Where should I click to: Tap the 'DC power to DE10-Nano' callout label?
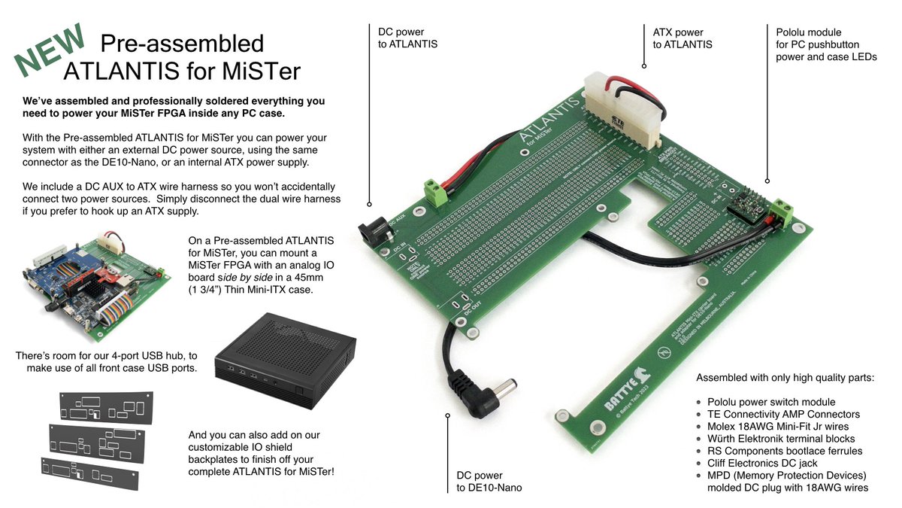pos(489,481)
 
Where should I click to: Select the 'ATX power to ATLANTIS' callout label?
pos(683,38)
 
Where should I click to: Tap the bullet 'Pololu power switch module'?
pos(771,402)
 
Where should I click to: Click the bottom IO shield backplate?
pos(89,473)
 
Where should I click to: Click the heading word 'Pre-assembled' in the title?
pos(182,44)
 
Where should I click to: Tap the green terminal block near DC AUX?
pos(434,194)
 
